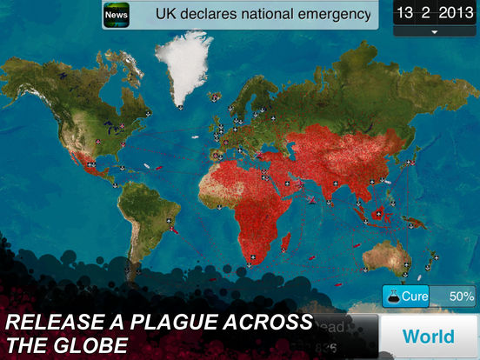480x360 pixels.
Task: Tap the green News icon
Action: pos(117,15)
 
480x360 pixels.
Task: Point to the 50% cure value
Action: pos(461,296)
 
